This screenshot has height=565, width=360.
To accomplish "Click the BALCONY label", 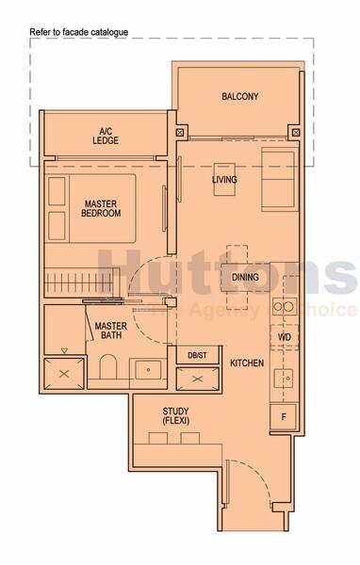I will click(x=239, y=97).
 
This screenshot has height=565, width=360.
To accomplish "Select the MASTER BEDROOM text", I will click(x=102, y=208).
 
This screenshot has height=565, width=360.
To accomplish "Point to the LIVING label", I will click(x=224, y=180).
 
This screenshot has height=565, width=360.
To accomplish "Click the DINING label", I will click(x=245, y=277).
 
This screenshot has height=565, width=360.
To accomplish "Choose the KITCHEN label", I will click(x=246, y=363).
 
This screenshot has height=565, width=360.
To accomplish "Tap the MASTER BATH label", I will click(x=110, y=331).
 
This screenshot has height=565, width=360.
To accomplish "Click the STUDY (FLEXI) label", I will click(x=175, y=416).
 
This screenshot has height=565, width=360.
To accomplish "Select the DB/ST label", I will click(x=196, y=354).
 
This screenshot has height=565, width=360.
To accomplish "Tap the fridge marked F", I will click(x=283, y=415).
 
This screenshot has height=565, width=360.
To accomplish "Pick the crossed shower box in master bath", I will click(x=63, y=372).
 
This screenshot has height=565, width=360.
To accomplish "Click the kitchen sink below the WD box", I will click(x=283, y=378).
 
